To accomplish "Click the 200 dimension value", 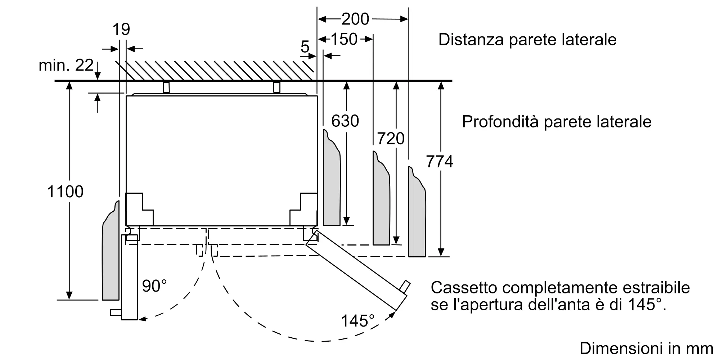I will [355, 19].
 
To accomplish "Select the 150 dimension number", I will [344, 39].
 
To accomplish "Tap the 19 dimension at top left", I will [121, 29].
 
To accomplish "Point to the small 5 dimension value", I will [305, 47].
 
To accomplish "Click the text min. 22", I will [66, 66].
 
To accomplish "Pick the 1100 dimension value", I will [65, 192].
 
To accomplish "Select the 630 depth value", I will [345, 121].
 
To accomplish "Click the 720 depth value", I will [391, 139].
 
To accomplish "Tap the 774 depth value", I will [439, 161].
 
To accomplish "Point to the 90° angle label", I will [154, 286].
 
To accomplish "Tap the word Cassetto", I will [463, 288].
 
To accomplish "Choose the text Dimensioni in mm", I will [646, 348].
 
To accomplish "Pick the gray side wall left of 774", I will [417, 220].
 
